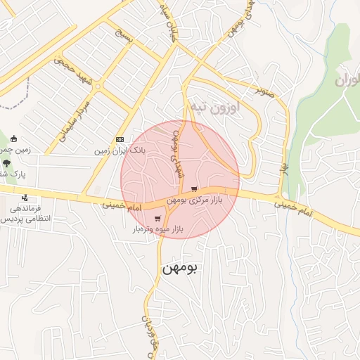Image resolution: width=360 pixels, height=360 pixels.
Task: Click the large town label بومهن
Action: pos(181,268)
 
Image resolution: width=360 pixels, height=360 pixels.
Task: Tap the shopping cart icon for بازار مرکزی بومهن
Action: pos(193,189)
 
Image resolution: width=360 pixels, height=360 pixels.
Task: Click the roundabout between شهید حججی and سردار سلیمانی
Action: pos(98,87)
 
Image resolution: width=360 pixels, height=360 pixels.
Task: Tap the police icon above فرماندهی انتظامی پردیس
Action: pos(25,198)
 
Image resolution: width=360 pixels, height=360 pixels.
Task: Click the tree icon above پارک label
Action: pos(7,162)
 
